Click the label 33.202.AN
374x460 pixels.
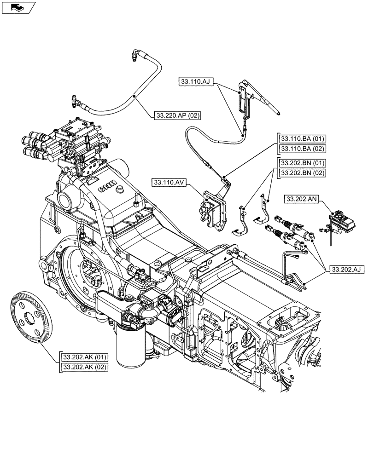(x=302, y=199)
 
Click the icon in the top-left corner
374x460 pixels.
(x=18, y=7)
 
